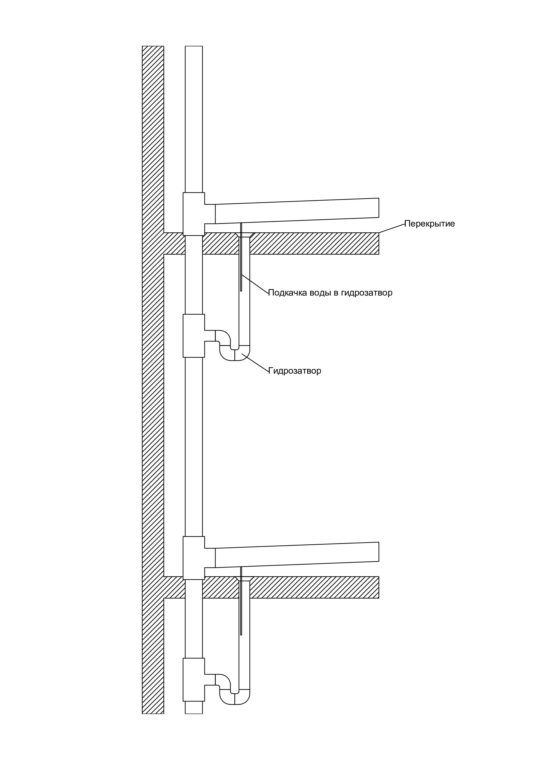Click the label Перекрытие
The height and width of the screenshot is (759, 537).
coord(430,224)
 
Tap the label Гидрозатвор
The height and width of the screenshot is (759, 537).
coord(294,371)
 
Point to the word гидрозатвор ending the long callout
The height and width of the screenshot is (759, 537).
coord(367,293)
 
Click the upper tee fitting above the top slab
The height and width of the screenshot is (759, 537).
coord(194,214)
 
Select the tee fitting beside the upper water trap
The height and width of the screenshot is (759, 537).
coord(194,336)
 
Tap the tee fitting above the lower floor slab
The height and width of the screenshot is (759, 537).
coord(194,558)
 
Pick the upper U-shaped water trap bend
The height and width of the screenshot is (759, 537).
coord(235,353)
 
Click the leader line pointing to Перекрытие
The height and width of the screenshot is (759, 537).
coord(392,228)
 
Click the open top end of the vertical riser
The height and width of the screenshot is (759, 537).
coord(194,46)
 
